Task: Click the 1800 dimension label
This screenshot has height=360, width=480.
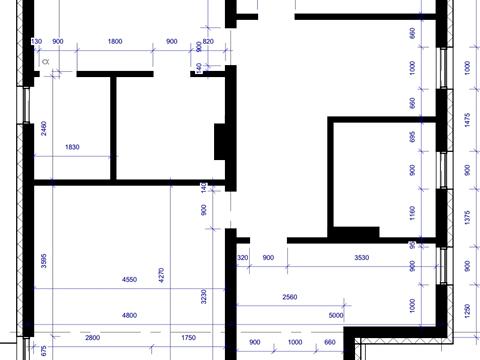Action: coord(115,41)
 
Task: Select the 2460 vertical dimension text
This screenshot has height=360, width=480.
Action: coord(44,128)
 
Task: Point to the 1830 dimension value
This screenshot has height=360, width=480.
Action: coord(72,148)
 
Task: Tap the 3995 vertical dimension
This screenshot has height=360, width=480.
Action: coord(44,262)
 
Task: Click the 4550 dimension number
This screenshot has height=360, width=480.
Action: coord(130,280)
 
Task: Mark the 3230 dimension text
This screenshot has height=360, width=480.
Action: coord(204,297)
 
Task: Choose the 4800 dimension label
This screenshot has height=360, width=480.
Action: coord(130,315)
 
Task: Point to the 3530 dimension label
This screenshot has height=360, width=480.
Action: coord(361,258)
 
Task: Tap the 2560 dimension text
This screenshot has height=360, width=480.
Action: coord(289,297)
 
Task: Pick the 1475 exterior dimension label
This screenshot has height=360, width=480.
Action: coord(467,117)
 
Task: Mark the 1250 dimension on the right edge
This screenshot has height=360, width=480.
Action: coord(467,311)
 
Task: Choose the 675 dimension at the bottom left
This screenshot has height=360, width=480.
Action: coord(44,350)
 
